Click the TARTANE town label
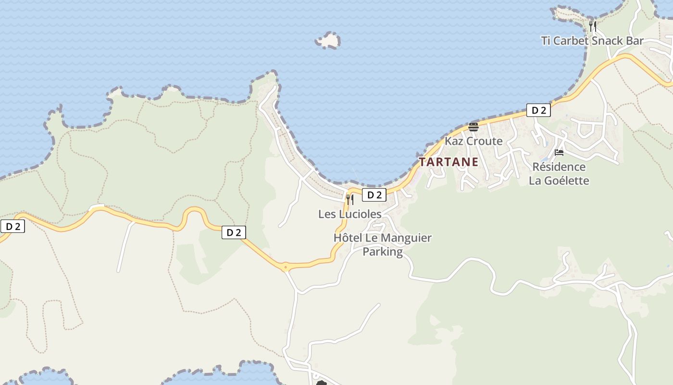449,162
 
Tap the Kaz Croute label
474,141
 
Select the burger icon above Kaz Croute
474,127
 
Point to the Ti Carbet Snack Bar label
592,41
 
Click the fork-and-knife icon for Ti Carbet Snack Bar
593,26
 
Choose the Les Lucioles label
349,214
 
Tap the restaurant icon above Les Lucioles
350,199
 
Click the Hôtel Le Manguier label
383,238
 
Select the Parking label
383,252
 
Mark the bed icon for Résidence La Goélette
559,153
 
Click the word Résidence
559,167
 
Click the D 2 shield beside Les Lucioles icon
374,195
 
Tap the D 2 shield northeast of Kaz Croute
538,110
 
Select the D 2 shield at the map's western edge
12,226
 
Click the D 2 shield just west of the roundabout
234,233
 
